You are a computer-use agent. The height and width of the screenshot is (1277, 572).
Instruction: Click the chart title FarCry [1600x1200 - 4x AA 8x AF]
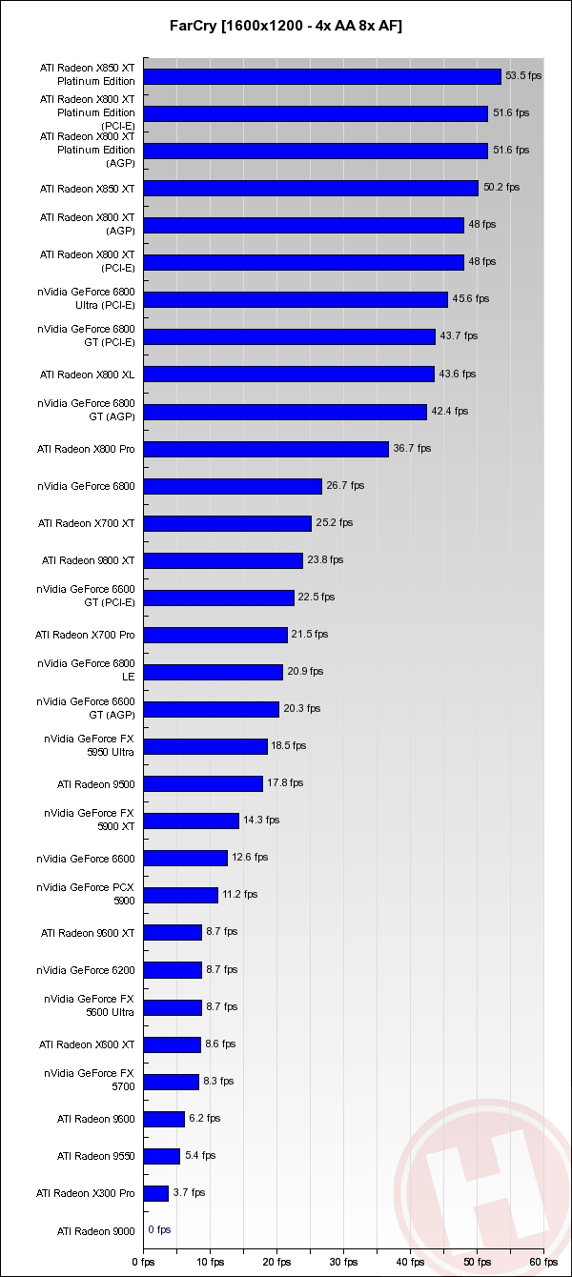(x=286, y=27)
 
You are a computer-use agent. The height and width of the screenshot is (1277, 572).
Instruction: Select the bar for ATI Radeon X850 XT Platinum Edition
(x=322, y=76)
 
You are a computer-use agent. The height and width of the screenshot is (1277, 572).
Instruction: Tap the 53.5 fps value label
(x=522, y=76)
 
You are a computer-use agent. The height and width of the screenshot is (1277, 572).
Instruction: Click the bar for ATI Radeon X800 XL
(x=289, y=375)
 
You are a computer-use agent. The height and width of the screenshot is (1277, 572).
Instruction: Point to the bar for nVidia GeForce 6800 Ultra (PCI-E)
(x=296, y=299)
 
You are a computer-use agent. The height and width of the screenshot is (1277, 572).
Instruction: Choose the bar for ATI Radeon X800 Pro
(x=266, y=449)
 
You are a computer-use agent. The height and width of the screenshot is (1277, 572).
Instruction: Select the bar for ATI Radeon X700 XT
(x=228, y=523)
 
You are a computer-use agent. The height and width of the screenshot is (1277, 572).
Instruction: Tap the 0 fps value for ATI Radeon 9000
(x=159, y=1230)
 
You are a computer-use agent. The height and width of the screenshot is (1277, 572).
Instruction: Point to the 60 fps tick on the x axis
(x=544, y=1261)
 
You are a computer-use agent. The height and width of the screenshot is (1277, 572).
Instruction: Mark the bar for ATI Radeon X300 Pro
(x=156, y=1193)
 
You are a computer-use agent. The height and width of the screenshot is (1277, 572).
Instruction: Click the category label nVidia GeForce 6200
(x=86, y=970)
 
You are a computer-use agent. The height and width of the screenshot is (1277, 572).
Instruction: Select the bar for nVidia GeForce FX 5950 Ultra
(x=206, y=746)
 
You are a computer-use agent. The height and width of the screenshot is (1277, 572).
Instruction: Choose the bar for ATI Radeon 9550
(x=162, y=1156)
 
